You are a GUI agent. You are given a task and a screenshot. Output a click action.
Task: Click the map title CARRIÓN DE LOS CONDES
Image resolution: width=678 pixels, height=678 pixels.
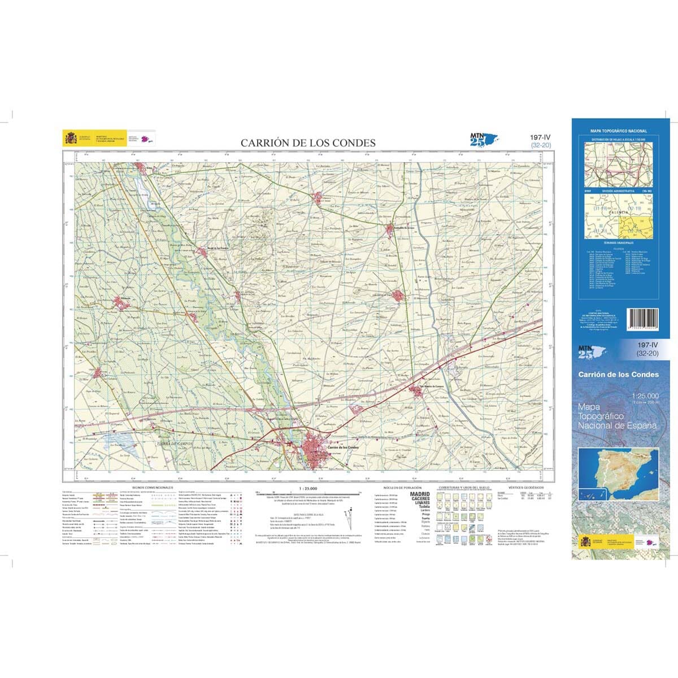(308, 143)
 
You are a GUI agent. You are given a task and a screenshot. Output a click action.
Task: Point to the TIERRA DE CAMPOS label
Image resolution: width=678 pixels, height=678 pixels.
(171, 444)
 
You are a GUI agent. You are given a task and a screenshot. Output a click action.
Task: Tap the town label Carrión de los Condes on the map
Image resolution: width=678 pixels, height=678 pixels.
(343, 447)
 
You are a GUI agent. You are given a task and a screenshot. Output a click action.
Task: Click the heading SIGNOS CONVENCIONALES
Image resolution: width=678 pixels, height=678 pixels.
(153, 487)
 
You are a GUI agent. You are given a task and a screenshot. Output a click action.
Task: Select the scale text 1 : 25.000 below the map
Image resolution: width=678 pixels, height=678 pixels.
(308, 488)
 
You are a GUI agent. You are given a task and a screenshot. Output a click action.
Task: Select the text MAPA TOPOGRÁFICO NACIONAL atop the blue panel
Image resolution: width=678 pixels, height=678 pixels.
(619, 131)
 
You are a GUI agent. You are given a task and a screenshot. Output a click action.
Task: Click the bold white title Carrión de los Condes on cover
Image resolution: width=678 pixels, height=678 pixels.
(618, 375)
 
